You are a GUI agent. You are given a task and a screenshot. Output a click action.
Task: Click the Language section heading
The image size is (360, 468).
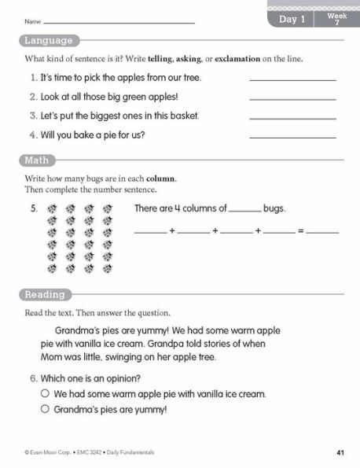(x=47, y=41)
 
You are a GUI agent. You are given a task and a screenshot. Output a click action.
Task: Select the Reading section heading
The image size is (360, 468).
(x=45, y=295)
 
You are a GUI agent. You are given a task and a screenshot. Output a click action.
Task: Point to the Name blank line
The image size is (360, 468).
(x=118, y=22)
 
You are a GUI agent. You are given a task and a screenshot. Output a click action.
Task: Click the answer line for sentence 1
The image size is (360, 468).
(x=292, y=79)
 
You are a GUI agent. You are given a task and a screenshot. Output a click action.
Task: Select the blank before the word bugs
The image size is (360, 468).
(x=246, y=210)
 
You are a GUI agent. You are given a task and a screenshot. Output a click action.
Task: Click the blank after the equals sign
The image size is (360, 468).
(x=322, y=232)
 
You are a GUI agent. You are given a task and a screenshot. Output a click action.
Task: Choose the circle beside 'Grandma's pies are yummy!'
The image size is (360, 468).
(x=46, y=410)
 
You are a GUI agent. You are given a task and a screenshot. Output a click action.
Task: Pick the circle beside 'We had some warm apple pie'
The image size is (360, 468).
(x=46, y=393)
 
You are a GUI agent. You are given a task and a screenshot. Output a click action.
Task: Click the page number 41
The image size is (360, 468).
(x=340, y=452)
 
